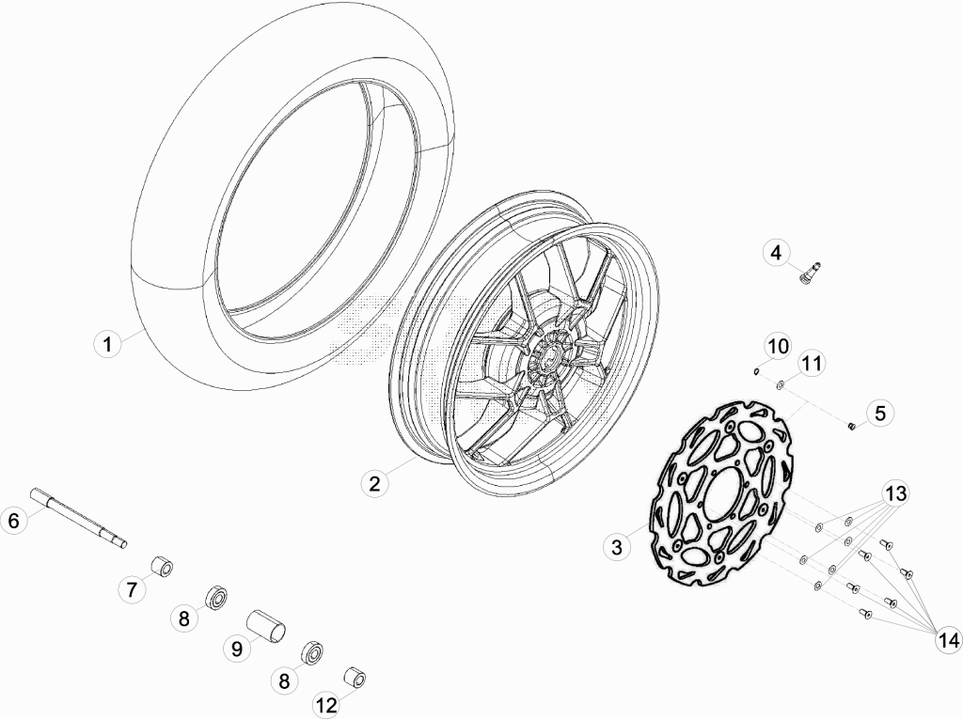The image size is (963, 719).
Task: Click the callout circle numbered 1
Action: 108,344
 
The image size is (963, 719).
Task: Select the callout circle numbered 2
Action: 374,484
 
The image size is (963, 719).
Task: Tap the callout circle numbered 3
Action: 617,547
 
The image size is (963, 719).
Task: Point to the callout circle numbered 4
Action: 777,253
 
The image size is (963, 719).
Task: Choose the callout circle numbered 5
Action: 880,414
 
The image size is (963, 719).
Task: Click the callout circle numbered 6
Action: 14,521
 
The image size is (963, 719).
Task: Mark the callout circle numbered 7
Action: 132,590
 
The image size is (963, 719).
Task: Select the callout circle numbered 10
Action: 778,346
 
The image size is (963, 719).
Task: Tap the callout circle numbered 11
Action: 812,364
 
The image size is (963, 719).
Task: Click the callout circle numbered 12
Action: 327,706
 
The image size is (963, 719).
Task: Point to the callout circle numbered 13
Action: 895,493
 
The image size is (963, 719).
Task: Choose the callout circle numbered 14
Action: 948,641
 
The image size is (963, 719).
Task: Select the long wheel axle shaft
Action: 79,517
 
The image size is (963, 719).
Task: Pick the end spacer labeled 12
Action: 354,678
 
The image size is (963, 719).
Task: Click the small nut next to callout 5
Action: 851,426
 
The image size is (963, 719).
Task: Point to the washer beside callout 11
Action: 781,385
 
